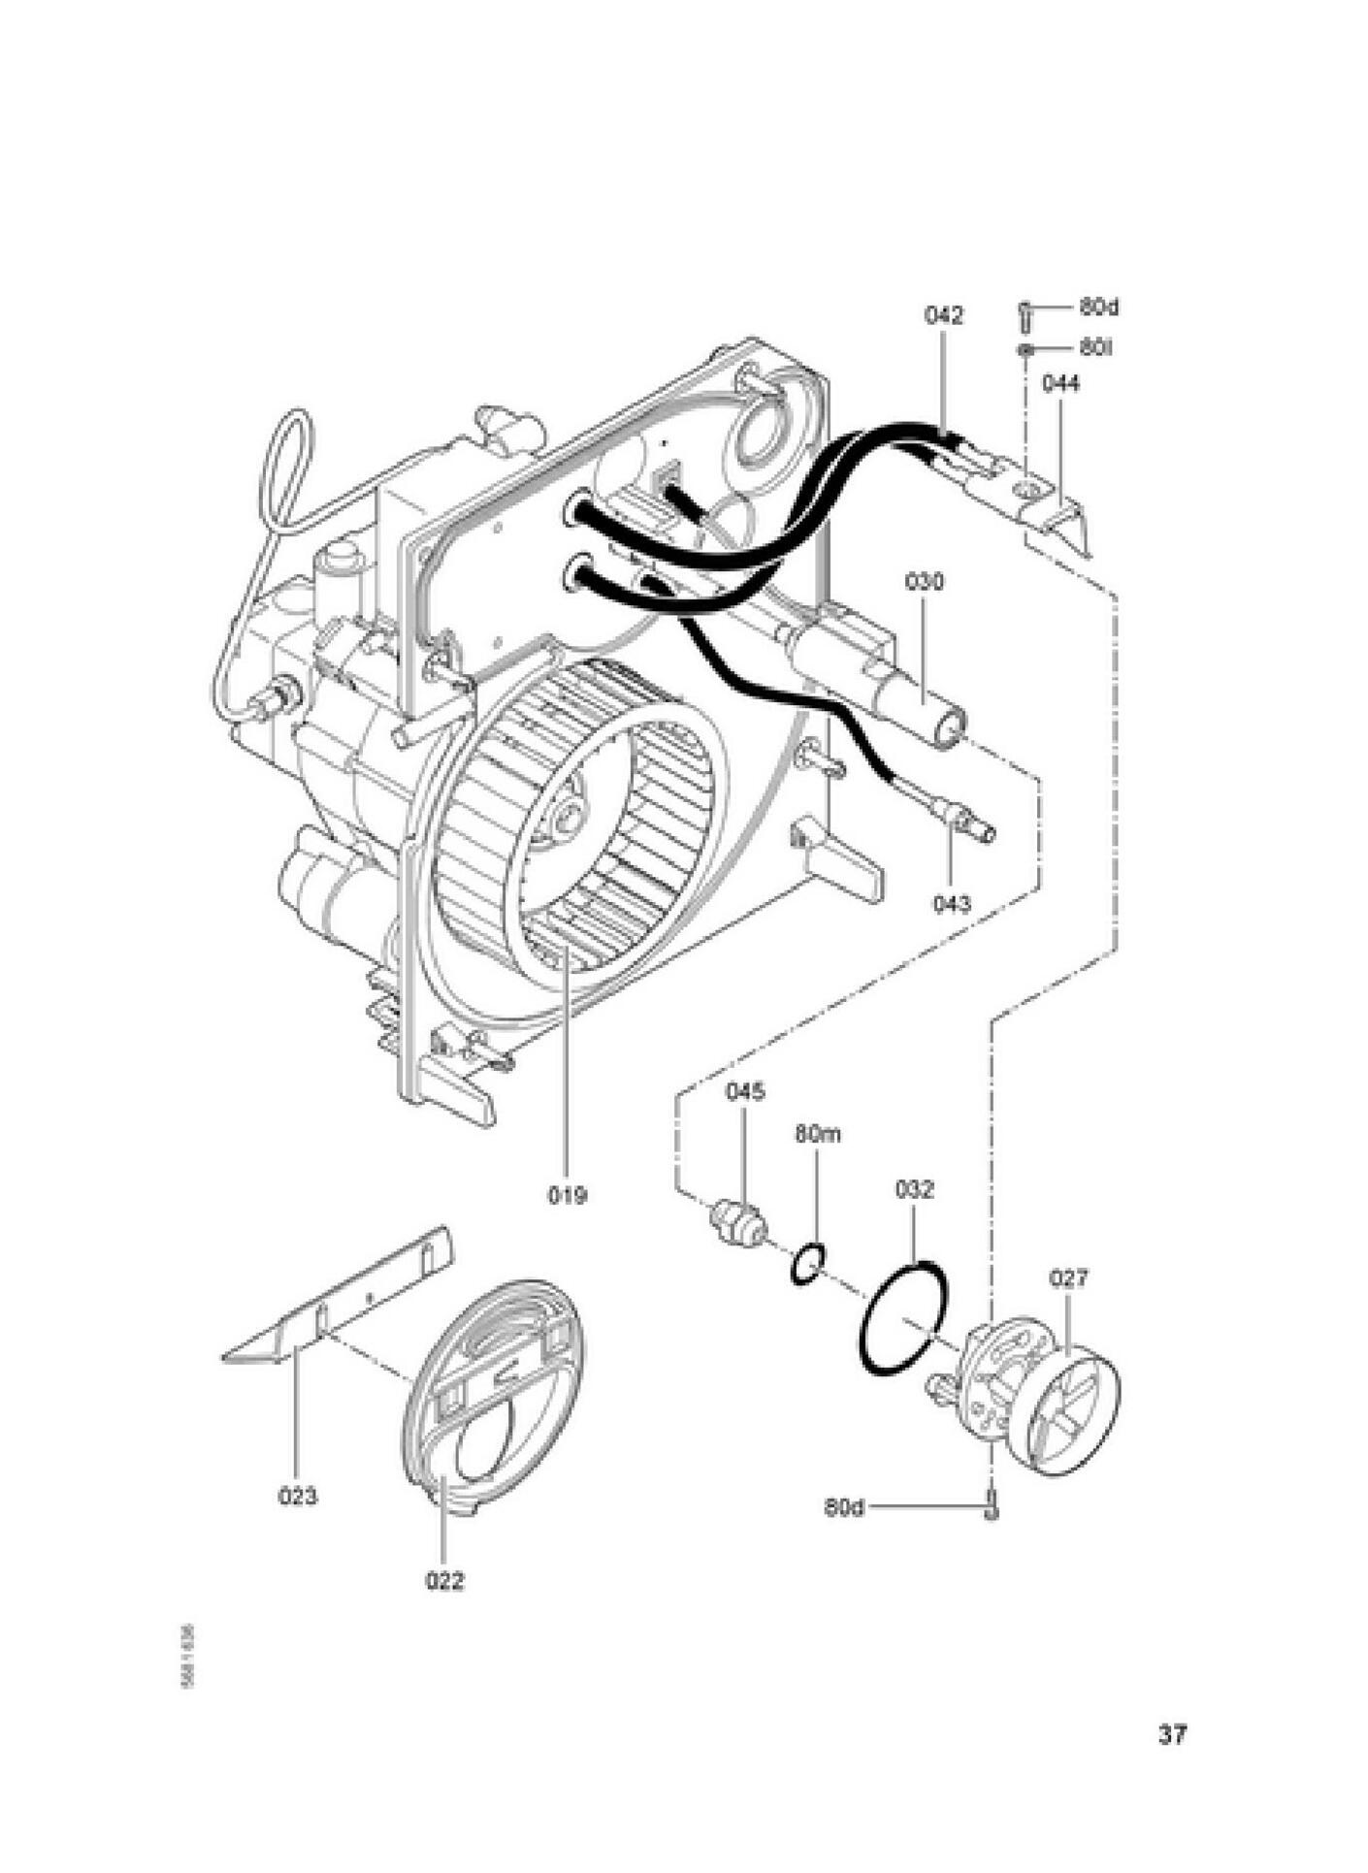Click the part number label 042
(x=943, y=315)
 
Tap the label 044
(x=1060, y=383)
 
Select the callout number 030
(x=924, y=582)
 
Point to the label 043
(x=952, y=904)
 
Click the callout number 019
(x=567, y=1195)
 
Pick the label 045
(x=745, y=1091)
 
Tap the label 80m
(x=817, y=1134)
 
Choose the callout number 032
(x=913, y=1189)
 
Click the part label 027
(x=1068, y=1278)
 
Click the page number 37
(x=1172, y=1734)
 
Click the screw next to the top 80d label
(x=1025, y=312)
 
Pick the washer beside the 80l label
(x=1025, y=348)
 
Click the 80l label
(x=1094, y=346)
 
